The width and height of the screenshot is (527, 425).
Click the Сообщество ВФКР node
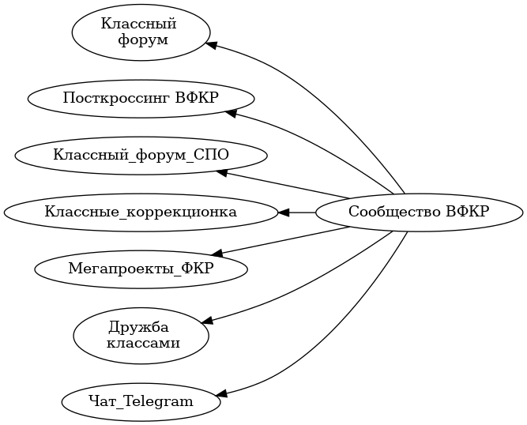pos(419,212)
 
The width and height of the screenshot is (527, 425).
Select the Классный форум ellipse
pos(141,32)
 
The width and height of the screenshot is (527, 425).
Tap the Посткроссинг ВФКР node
pos(141,98)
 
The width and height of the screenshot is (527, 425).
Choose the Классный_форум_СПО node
pos(141,154)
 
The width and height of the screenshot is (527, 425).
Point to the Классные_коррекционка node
pos(141,212)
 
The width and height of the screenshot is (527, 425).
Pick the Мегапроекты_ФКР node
pos(141,269)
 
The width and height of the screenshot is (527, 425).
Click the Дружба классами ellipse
pos(141,335)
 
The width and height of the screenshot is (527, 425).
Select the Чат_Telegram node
pos(141,401)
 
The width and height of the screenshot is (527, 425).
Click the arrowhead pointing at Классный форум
pos(211,44)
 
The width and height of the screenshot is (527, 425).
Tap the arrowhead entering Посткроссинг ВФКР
pos(231,114)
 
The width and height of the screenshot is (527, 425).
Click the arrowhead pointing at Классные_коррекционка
pos(284,212)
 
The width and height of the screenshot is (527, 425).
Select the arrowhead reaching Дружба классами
pos(207,321)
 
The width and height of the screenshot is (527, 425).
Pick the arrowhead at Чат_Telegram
pos(221,393)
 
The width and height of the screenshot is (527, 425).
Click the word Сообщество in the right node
pos(395,212)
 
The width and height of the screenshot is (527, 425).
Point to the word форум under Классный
pos(143,41)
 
